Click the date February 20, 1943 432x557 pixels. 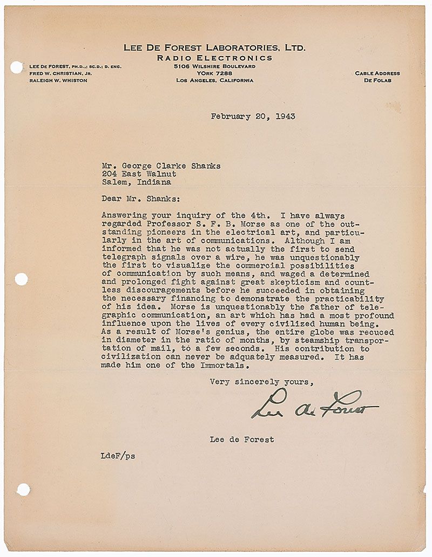[253, 116]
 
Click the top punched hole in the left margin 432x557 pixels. [16, 67]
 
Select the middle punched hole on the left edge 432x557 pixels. [21, 279]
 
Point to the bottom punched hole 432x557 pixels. [23, 490]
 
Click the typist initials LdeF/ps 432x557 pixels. [118, 456]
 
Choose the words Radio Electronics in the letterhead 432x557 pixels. [215, 58]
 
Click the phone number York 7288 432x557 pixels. [215, 73]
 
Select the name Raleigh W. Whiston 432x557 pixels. [58, 80]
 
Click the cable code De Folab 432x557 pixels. [377, 80]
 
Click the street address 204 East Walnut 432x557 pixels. [139, 174]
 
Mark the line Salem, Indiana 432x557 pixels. [137, 182]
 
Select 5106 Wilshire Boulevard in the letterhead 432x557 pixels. [215, 66]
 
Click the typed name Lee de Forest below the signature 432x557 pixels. [242, 439]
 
